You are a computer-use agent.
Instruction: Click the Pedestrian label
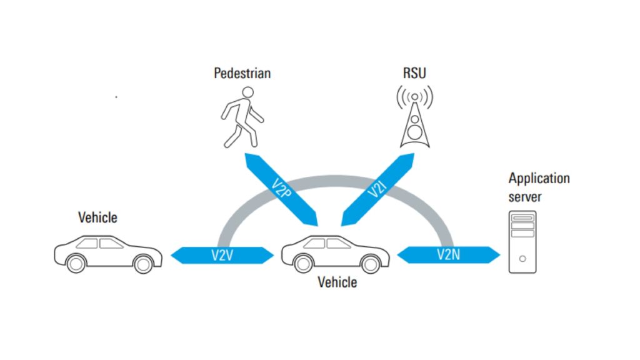[242, 73]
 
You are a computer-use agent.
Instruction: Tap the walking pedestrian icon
[242, 117]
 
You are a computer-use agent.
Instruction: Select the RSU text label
[414, 73]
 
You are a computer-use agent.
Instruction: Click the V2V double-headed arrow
[222, 255]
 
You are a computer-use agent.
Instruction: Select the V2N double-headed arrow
[449, 255]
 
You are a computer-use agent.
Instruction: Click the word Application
[539, 179]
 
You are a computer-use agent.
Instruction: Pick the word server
[525, 197]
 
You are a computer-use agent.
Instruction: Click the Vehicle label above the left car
[97, 217]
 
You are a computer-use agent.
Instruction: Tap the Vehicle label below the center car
[337, 282]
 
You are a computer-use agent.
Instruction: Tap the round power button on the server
[522, 258]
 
